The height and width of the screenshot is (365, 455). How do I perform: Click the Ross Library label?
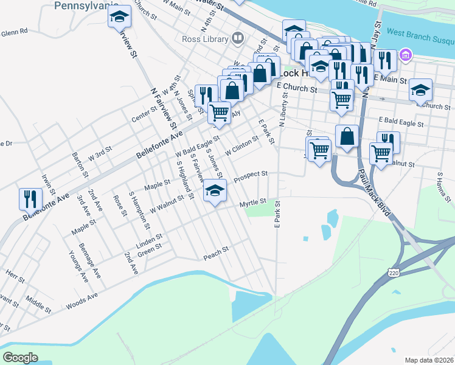pyautogui.click(x=205, y=40)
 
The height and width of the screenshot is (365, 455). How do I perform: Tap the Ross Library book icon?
pyautogui.click(x=238, y=40)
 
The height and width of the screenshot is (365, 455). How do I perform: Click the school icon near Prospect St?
pyautogui.click(x=214, y=191)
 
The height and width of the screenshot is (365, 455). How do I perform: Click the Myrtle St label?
pyautogui.click(x=252, y=202)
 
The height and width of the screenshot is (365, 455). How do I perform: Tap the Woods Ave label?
pyautogui.click(x=82, y=298)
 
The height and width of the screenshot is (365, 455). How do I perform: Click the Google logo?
pyautogui.click(x=20, y=358)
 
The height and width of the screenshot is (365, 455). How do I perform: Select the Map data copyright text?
pyautogui.click(x=429, y=360)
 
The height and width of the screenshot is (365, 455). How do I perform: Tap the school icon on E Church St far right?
pyautogui.click(x=420, y=90)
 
